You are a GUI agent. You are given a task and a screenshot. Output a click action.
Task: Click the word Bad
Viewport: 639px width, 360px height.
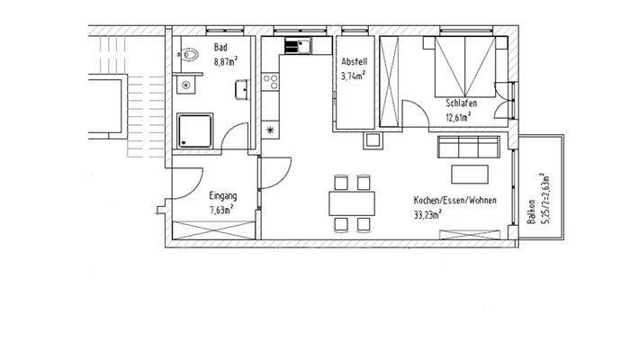pos(220,48)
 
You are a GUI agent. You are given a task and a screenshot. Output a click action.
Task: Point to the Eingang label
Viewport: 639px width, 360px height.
pos(222,195)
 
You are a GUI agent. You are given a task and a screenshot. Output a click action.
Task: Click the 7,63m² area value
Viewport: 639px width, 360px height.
pos(222,210)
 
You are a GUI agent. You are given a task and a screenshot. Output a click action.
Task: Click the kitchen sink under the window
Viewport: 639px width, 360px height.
pos(298,45)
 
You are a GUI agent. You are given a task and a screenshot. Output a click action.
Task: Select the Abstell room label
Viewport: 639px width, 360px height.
pos(353,61)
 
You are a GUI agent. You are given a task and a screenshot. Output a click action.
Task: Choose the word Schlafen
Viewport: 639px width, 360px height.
pos(460,104)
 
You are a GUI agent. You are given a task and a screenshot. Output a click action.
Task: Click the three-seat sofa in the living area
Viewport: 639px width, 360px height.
pos(469,147)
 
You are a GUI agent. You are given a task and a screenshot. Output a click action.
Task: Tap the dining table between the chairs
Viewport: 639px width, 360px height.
pos(349,202)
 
